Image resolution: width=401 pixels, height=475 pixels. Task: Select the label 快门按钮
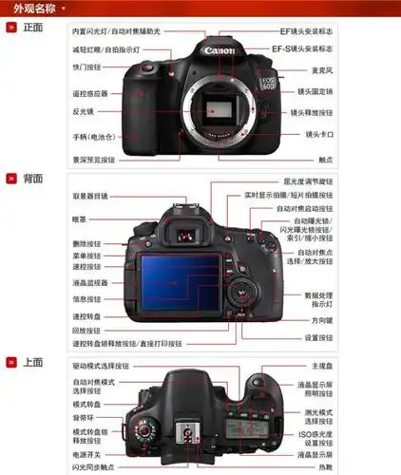[87, 67]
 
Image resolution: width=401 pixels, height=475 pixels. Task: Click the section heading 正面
[32, 28]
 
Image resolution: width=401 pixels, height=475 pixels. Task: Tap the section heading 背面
[32, 178]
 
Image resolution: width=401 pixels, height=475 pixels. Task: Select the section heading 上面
[32, 361]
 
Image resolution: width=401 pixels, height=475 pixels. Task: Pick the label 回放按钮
[86, 330]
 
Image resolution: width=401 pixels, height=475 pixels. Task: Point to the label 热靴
[325, 467]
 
